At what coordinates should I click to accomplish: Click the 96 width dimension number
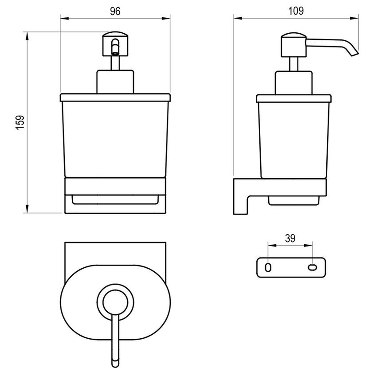[x=115, y=11]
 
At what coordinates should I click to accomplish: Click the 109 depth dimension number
[x=296, y=11]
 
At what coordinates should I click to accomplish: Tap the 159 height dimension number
[x=20, y=122]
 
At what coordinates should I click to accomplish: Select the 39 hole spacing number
[x=290, y=239]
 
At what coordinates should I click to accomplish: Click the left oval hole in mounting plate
[x=268, y=267]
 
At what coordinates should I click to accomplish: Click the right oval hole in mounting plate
[x=313, y=267]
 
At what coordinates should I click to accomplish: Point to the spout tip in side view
[x=355, y=55]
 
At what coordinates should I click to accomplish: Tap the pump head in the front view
[x=115, y=44]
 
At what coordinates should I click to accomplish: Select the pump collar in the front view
[x=115, y=82]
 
